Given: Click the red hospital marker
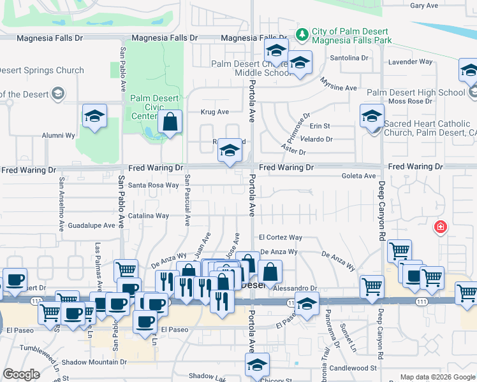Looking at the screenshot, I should [x=439, y=227].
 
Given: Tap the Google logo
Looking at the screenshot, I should [x=22, y=374].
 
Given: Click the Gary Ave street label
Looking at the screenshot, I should [x=424, y=6].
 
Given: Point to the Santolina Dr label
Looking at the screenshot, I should [x=349, y=58].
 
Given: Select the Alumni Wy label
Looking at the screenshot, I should [x=59, y=136].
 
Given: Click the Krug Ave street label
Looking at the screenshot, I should [x=214, y=112].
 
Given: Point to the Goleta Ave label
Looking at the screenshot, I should [x=358, y=176].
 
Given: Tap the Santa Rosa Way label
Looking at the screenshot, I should [x=154, y=185].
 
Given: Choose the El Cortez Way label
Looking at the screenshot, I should [x=280, y=237].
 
